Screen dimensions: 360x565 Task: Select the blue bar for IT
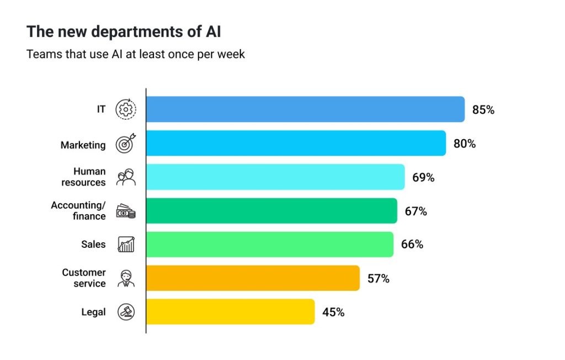click(305, 109)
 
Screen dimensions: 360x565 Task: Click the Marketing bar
click(296, 143)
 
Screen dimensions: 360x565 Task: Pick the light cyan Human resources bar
click(275, 177)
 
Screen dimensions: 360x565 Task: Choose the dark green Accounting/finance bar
click(271, 211)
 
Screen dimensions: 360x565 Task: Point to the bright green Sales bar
click(270, 244)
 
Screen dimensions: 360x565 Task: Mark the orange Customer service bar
click(253, 278)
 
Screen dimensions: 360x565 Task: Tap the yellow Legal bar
click(230, 311)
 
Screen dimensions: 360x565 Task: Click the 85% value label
click(483, 110)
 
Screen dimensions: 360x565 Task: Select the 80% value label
click(465, 144)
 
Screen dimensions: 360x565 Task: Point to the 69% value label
click(423, 178)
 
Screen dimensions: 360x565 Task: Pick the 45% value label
click(333, 313)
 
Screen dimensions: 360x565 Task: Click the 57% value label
click(379, 279)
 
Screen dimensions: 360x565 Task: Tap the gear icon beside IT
click(126, 110)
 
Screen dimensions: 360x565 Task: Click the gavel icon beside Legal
click(126, 313)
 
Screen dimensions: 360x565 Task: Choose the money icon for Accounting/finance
click(126, 211)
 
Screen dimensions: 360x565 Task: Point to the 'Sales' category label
click(93, 244)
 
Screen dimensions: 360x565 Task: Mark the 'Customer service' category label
click(84, 278)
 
